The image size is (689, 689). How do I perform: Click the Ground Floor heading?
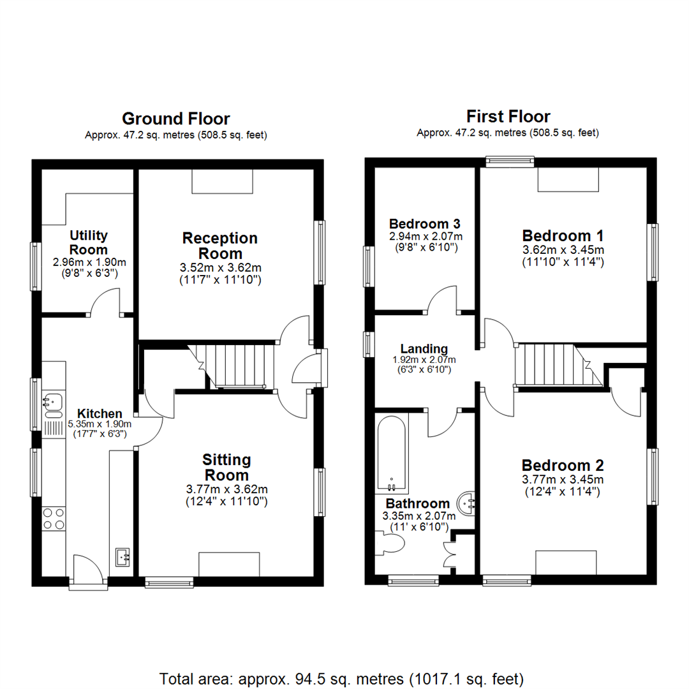tap(175, 119)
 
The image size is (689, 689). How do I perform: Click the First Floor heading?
tap(508, 117)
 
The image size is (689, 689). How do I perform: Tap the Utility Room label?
tap(88, 243)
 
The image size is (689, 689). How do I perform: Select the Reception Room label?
tap(220, 246)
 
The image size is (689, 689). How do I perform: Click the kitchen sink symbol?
tap(53, 402)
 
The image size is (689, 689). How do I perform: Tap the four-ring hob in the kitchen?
tap(53, 518)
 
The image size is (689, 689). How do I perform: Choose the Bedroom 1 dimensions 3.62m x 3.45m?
tap(563, 249)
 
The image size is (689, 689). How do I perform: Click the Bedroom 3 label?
tap(425, 224)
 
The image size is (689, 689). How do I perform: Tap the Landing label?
tap(424, 348)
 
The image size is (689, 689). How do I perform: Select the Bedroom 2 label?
tap(563, 465)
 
